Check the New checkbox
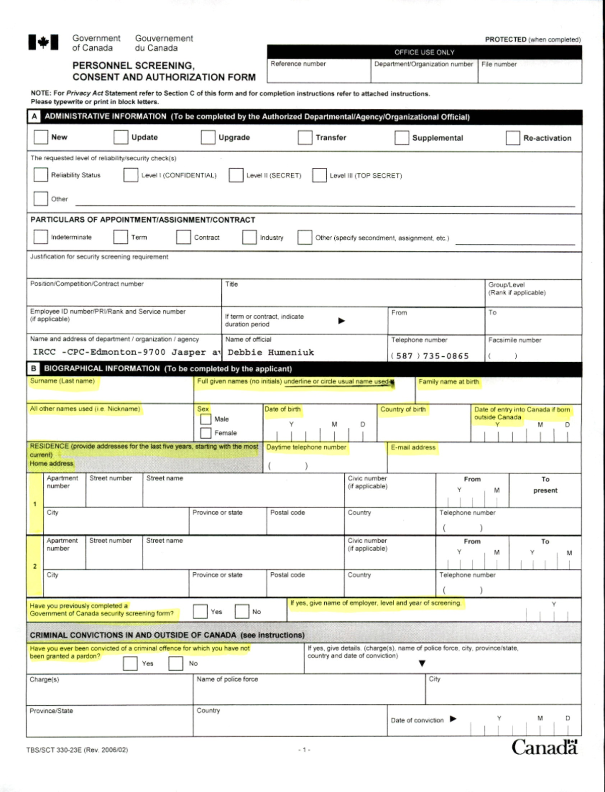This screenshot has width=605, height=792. coord(40,137)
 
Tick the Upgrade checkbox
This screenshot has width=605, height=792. coord(208,137)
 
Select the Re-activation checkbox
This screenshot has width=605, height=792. coord(512,138)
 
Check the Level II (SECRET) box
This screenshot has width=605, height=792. coord(236,175)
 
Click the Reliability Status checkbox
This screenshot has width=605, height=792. coord(40,175)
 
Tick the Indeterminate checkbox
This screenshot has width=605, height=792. coord(40,237)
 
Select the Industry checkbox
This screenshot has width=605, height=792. coord(249,237)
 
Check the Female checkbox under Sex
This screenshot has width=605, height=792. coord(206,433)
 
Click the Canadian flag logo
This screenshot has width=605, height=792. coord(43,43)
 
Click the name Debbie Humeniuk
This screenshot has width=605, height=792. coord(271,352)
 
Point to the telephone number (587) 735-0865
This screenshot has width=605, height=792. coord(430,356)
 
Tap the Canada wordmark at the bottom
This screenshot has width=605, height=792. coord(544,747)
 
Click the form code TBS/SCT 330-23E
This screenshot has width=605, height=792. coord(77,750)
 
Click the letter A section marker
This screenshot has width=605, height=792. coord(34,117)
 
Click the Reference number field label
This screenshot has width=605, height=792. coord(298,64)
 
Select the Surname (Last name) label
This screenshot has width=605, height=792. coord(62,381)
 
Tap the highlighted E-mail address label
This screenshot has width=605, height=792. coord(413,447)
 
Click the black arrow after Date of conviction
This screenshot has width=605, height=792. coord(453,719)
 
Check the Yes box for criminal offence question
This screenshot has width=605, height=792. coord(130,664)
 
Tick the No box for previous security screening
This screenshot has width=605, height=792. coord(242,612)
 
